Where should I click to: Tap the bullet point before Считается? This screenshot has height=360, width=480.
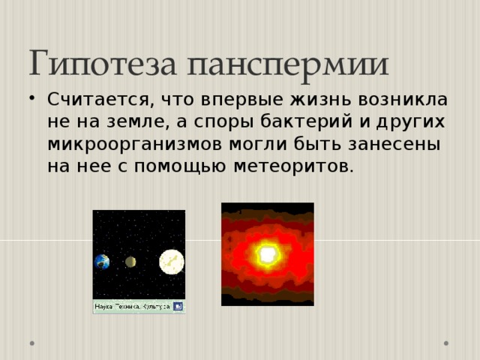click(x=35, y=99)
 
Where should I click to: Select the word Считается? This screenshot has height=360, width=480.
click(x=91, y=100)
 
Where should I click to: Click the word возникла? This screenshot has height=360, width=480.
click(x=391, y=100)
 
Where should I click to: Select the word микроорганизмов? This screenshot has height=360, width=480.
click(x=129, y=143)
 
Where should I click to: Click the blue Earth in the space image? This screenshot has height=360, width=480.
click(x=102, y=262)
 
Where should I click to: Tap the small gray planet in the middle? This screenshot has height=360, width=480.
click(x=130, y=262)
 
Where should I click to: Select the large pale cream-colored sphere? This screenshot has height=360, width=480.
click(x=171, y=262)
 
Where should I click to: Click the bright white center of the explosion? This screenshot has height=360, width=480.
click(x=266, y=255)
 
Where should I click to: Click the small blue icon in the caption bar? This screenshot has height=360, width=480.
click(x=178, y=306)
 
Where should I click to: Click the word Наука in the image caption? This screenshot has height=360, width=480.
click(x=103, y=307)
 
